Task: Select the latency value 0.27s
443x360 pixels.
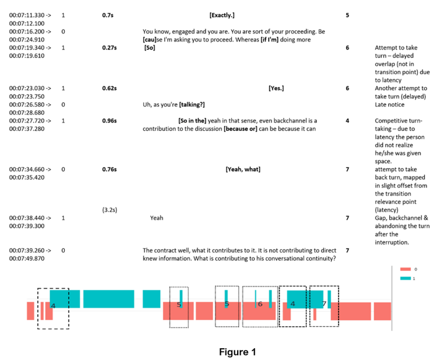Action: point(110,48)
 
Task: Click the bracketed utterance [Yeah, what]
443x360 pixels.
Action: point(243,169)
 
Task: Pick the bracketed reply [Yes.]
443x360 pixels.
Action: point(276,88)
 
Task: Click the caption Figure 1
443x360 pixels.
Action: point(237,352)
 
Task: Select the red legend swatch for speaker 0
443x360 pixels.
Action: point(406,269)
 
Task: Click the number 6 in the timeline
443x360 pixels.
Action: point(260,304)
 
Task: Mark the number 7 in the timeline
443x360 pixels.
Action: point(324,304)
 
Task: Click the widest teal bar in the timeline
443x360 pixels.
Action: point(108,299)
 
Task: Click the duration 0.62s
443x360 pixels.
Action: point(110,88)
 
